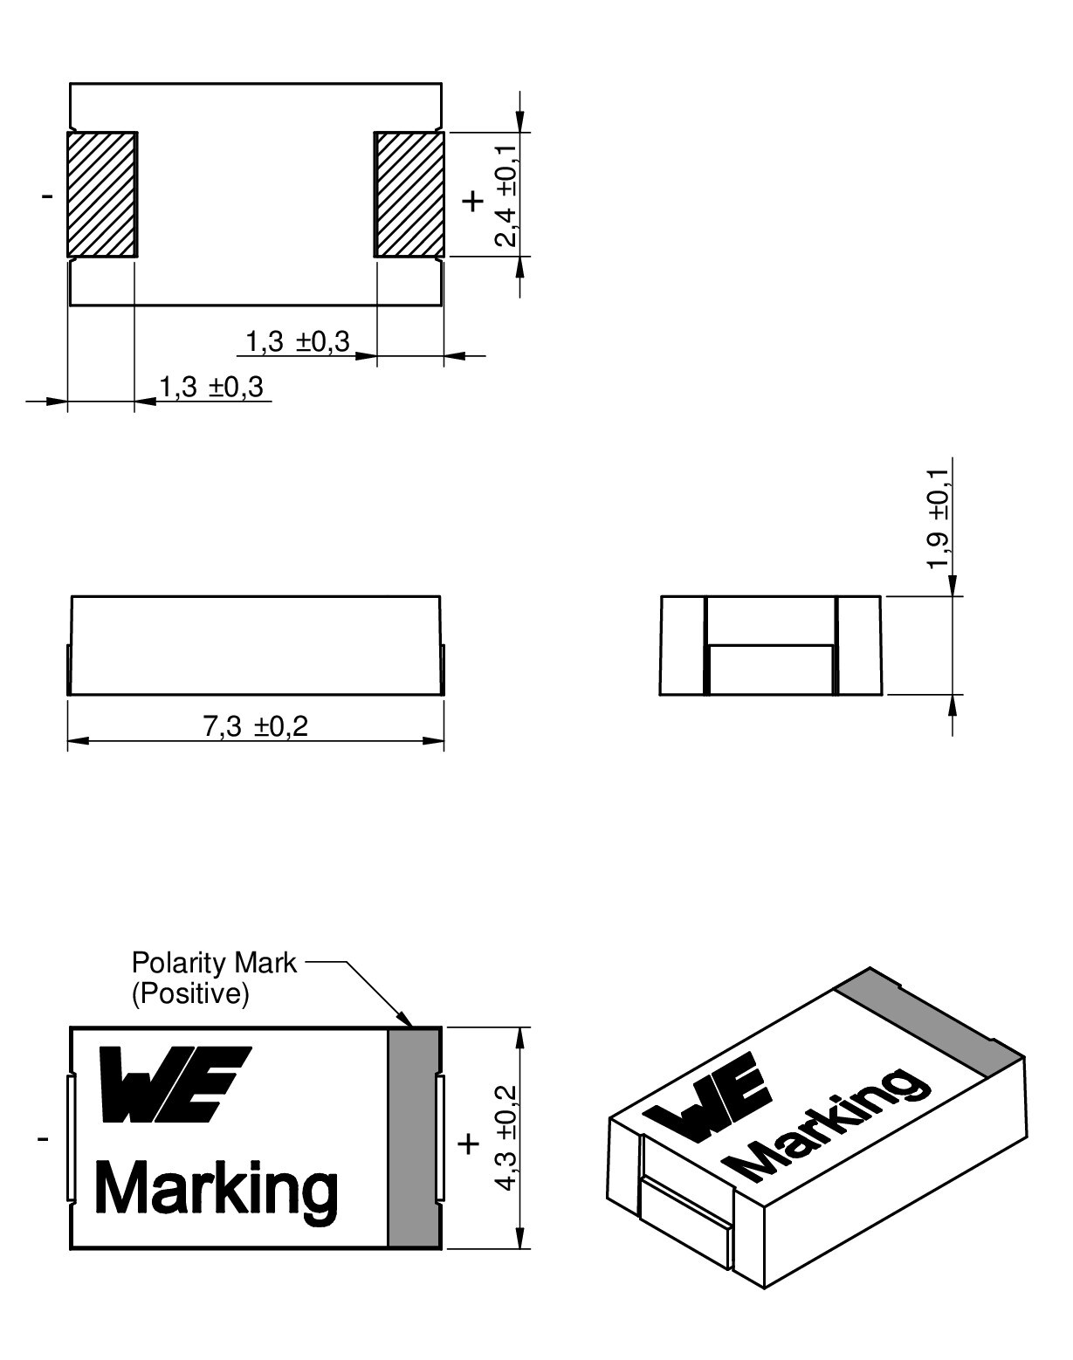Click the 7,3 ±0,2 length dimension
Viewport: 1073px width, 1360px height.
point(256,726)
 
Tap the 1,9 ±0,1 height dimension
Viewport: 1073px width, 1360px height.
point(938,519)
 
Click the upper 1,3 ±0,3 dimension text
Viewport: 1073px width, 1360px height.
point(297,342)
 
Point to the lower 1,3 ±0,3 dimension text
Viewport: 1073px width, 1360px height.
point(210,387)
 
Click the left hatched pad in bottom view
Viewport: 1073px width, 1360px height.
point(102,195)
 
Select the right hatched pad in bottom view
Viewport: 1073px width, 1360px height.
point(409,195)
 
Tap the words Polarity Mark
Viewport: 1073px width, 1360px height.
point(214,963)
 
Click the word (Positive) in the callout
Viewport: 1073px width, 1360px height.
point(190,995)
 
